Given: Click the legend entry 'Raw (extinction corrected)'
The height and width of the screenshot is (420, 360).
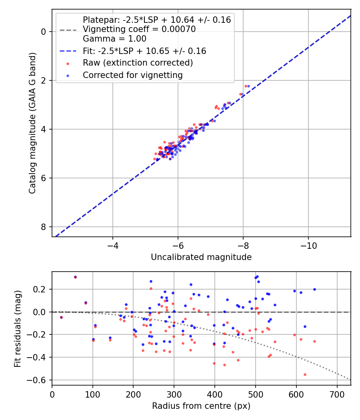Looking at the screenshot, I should (x=138, y=63).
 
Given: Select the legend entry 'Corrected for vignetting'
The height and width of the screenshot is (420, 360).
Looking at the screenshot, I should (x=132, y=75).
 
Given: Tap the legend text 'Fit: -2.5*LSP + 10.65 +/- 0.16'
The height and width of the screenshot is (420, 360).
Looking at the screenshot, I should (x=144, y=51).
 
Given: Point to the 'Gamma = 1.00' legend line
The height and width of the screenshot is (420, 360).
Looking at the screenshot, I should (x=114, y=39).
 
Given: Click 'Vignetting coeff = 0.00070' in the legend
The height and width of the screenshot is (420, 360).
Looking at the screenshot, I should (x=139, y=29).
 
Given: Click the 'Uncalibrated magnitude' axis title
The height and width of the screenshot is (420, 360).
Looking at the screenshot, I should (x=201, y=257).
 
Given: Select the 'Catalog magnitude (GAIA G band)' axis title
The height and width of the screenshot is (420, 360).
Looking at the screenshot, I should (x=33, y=123).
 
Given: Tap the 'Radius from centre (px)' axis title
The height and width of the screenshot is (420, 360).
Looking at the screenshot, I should (x=201, y=406).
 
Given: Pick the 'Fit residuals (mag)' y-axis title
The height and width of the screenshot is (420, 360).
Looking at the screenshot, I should (x=18, y=328).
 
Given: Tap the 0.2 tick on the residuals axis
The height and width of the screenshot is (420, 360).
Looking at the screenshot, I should (x=42, y=289).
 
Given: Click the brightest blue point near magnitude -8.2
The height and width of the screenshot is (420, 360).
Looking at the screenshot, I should (x=248, y=86).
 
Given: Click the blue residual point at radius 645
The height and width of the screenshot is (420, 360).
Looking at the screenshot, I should (x=314, y=289).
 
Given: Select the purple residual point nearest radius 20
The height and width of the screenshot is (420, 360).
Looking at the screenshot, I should (x=61, y=317).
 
